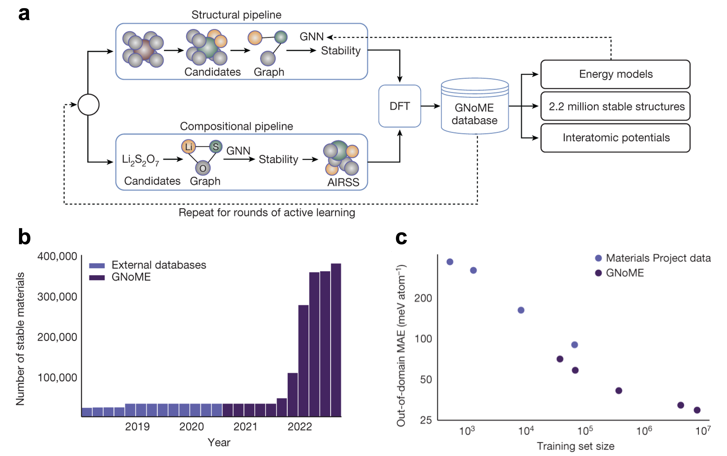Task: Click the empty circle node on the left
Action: tap(88, 105)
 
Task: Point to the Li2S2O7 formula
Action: tap(140, 160)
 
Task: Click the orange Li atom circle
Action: tap(189, 147)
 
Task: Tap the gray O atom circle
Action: tap(203, 168)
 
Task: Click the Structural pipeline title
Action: tap(236, 15)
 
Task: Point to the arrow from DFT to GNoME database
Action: tap(430, 106)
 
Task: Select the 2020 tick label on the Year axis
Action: tap(191, 426)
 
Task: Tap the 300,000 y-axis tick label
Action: tap(57, 297)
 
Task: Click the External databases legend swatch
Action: tap(97, 266)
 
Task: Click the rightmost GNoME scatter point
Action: tap(697, 410)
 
